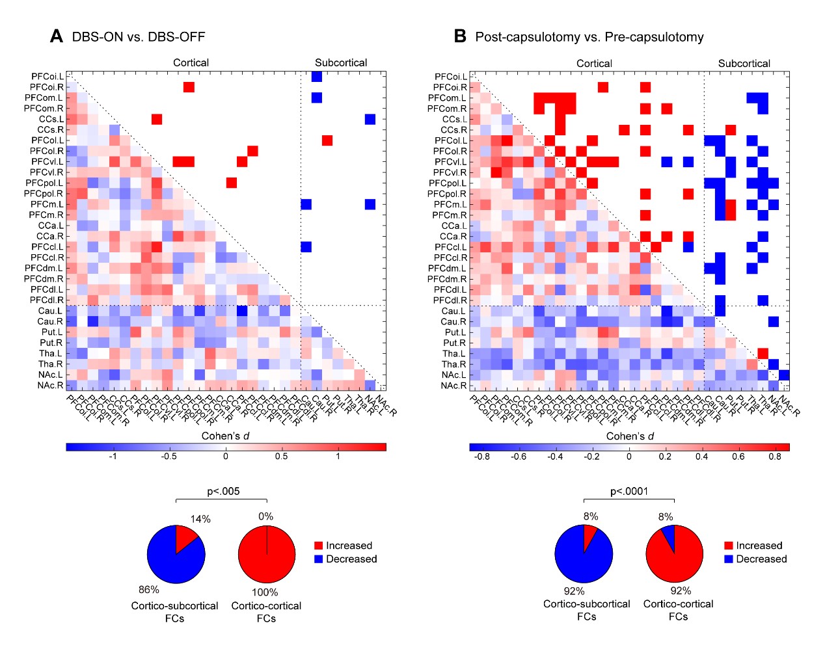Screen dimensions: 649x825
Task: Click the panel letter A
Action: pos(57,36)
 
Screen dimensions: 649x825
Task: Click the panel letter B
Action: pos(460,36)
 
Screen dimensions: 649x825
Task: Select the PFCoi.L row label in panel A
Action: pos(47,77)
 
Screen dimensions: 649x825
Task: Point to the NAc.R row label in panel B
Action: pos(453,386)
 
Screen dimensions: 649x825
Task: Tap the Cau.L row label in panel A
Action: pos(50,311)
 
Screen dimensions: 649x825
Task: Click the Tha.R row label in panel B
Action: pos(453,364)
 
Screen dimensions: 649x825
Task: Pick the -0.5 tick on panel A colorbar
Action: pos(169,457)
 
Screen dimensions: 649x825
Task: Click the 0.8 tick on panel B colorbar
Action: pos(774,457)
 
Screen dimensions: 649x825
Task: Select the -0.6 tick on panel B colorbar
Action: pos(518,457)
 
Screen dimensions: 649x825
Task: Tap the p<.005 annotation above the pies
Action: pos(223,492)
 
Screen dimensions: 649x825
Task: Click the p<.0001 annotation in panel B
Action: pos(629,492)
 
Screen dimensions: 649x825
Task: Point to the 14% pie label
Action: pos(200,519)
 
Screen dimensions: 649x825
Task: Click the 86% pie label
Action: pos(149,590)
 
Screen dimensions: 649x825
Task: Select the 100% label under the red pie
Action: pos(265,592)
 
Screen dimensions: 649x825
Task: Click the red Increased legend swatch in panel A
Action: pos(319,546)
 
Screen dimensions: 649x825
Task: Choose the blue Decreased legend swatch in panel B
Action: pos(729,559)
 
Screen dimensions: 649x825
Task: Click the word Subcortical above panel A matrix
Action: pos(341,63)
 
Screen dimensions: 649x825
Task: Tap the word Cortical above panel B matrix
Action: pos(594,64)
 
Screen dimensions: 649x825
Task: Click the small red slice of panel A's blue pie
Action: pos(185,539)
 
